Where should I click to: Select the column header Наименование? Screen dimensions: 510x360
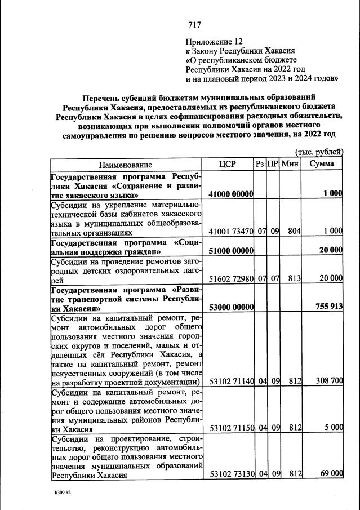coord(126,164)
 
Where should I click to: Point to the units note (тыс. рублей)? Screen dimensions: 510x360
coord(319,152)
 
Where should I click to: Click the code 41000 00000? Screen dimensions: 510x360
coord(231,194)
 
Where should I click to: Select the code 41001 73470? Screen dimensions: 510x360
coord(231,232)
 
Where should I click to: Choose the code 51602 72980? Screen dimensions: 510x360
coord(231,278)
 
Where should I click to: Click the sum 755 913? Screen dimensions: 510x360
coord(328,308)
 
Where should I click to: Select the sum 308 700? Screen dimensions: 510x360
coord(328,382)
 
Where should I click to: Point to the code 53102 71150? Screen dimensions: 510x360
coord(231,428)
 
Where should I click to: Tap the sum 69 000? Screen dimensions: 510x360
coord(332,474)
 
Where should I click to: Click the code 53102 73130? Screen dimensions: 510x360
coord(231,474)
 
